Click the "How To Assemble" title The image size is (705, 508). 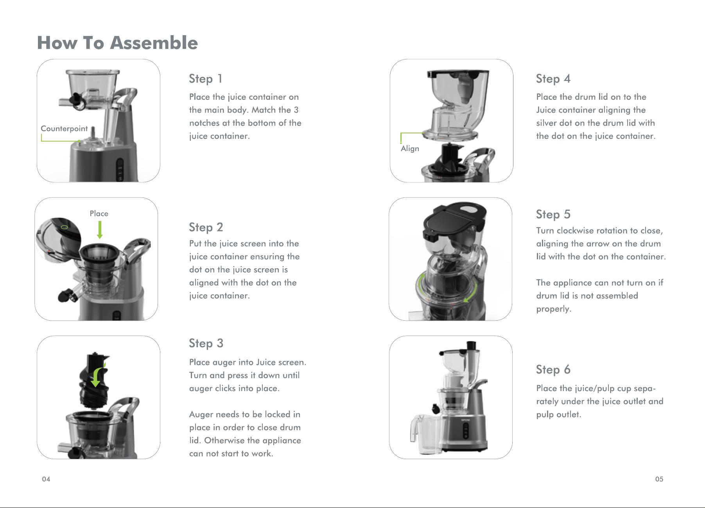pyautogui.click(x=117, y=43)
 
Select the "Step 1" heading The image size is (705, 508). pyautogui.click(x=206, y=79)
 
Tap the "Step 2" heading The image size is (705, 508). pyautogui.click(x=206, y=227)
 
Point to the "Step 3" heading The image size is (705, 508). pyautogui.click(x=206, y=343)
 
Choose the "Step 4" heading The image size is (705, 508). pyautogui.click(x=553, y=79)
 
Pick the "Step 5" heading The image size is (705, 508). pyautogui.click(x=553, y=214)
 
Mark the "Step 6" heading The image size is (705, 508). pyautogui.click(x=553, y=370)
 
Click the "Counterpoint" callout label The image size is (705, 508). pyautogui.click(x=64, y=129)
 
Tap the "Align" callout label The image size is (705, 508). pyautogui.click(x=410, y=149)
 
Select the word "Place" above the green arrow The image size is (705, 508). pyautogui.click(x=99, y=214)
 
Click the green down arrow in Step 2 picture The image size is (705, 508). pyautogui.click(x=100, y=230)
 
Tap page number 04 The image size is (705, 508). pyautogui.click(x=46, y=479)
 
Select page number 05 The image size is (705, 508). pyautogui.click(x=659, y=479)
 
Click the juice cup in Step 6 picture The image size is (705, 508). pyautogui.click(x=425, y=434)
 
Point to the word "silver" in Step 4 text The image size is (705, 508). pyautogui.click(x=546, y=123)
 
